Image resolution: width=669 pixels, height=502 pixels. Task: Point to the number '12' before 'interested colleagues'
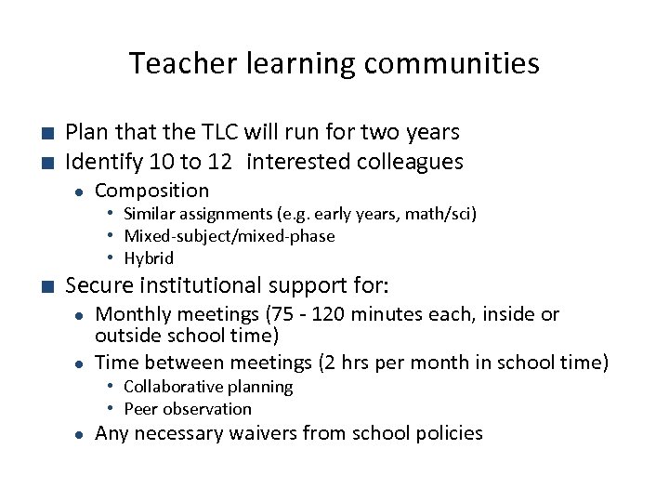tap(220, 162)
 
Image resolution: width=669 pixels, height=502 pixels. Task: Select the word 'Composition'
tap(152, 191)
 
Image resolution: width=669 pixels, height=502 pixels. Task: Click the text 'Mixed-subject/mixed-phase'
tap(230, 236)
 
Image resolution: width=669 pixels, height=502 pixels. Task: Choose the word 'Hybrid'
tap(149, 258)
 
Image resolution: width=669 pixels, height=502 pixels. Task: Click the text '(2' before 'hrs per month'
tap(330, 362)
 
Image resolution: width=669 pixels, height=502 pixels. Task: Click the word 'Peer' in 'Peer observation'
tap(142, 408)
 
